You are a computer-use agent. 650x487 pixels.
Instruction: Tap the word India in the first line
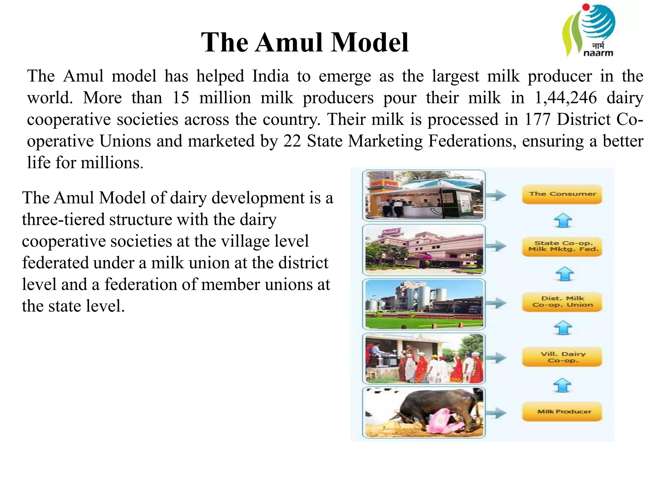pyautogui.click(x=270, y=76)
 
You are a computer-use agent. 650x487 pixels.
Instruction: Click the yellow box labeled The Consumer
pyautogui.click(x=562, y=194)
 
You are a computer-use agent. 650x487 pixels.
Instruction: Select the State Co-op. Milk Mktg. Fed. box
pyautogui.click(x=562, y=246)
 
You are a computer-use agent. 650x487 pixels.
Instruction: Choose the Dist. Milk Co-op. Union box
pyautogui.click(x=562, y=302)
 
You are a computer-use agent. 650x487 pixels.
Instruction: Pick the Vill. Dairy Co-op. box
pyautogui.click(x=562, y=357)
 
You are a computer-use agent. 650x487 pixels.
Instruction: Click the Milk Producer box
pyautogui.click(x=562, y=412)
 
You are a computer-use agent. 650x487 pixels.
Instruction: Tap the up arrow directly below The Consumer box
pyautogui.click(x=563, y=221)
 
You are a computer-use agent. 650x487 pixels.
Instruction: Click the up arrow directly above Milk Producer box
pyautogui.click(x=562, y=385)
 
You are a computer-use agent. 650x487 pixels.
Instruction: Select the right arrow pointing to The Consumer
pyautogui.click(x=496, y=195)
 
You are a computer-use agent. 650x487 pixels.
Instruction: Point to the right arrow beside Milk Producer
pyautogui.click(x=496, y=413)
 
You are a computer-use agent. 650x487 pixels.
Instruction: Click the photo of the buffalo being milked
pyautogui.click(x=424, y=412)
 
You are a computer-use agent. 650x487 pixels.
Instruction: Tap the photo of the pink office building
pyautogui.click(x=424, y=250)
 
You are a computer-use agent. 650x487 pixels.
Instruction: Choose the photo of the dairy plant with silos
pyautogui.click(x=424, y=304)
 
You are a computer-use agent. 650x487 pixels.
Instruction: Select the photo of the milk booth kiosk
pyautogui.click(x=424, y=195)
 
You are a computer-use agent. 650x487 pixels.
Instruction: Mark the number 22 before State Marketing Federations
pyautogui.click(x=292, y=141)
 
